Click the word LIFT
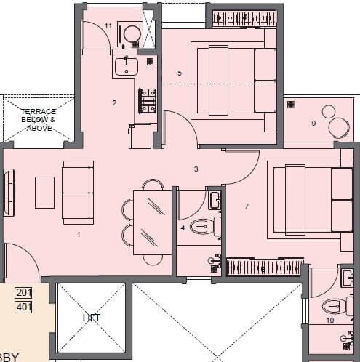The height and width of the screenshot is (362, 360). pyautogui.click(x=91, y=318)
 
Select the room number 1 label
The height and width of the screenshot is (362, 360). pyautogui.click(x=79, y=234)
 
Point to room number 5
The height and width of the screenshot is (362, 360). pyautogui.click(x=179, y=73)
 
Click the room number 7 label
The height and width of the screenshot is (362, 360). pyautogui.click(x=247, y=206)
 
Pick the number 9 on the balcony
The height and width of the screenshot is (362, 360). pyautogui.click(x=313, y=124)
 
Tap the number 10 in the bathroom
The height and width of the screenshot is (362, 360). pyautogui.click(x=329, y=321)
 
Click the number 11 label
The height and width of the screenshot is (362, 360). pyautogui.click(x=108, y=26)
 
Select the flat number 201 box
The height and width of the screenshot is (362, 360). pyautogui.click(x=24, y=293)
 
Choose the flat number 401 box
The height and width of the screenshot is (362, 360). pyautogui.click(x=24, y=306)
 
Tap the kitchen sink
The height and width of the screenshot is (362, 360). pyautogui.click(x=127, y=68)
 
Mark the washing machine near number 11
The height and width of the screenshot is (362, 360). pyautogui.click(x=132, y=34)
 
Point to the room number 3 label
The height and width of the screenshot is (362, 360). pyautogui.click(x=196, y=169)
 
